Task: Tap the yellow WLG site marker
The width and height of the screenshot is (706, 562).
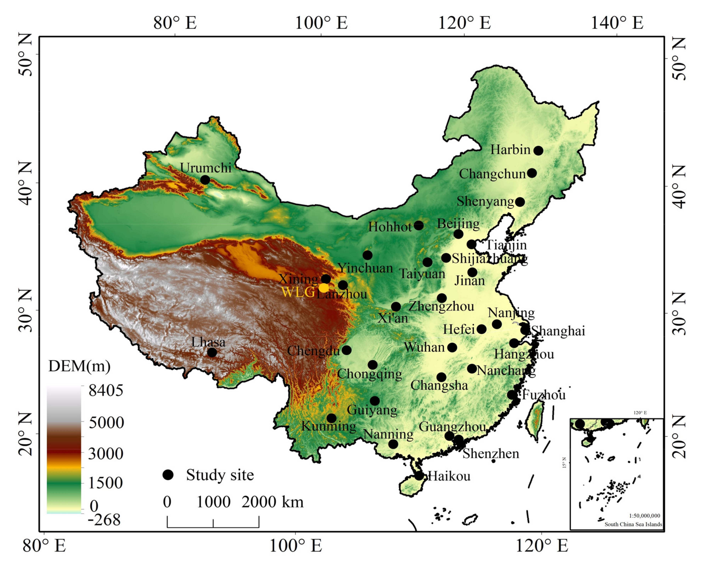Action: click(323, 288)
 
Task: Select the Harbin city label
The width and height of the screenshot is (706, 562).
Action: click(510, 150)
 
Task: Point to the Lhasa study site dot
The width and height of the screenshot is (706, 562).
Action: click(212, 353)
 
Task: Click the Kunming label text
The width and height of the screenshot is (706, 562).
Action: click(328, 426)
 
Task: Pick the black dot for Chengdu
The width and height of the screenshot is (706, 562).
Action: click(346, 350)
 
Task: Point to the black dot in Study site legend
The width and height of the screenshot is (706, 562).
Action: click(168, 475)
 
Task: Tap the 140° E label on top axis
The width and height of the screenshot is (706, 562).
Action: click(617, 23)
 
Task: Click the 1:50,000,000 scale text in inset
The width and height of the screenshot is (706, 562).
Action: click(644, 516)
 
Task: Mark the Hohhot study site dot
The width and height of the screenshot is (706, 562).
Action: click(419, 226)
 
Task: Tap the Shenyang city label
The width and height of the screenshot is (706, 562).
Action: click(485, 201)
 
